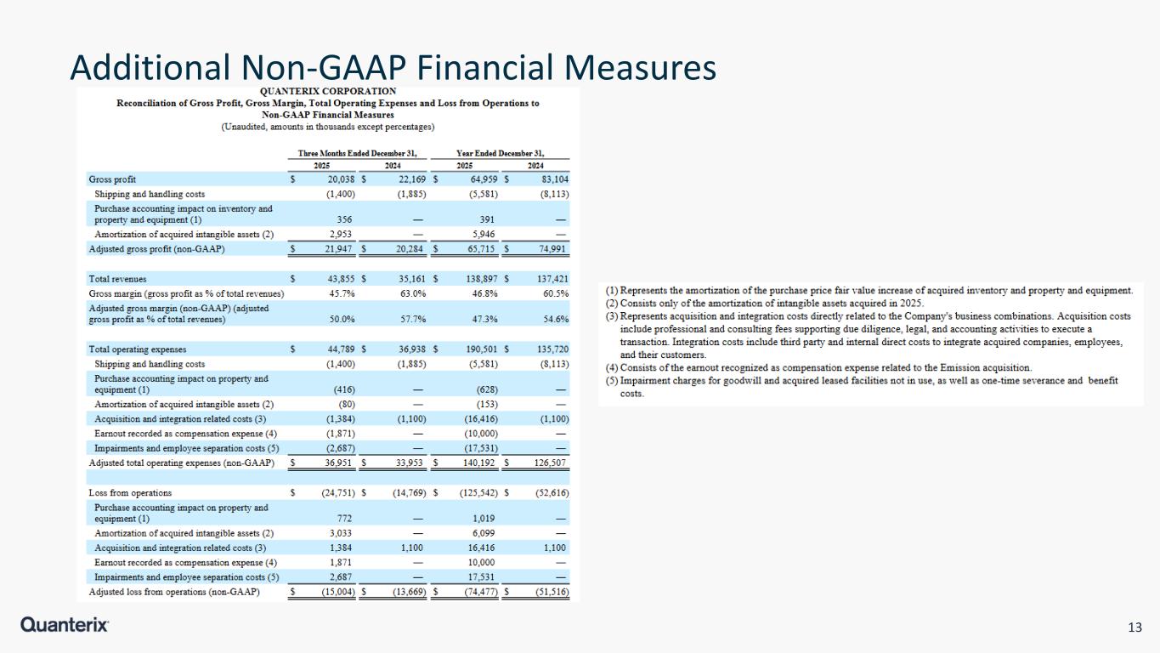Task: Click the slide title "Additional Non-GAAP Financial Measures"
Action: (393, 67)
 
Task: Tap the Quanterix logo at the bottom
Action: (65, 626)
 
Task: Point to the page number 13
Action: (1134, 627)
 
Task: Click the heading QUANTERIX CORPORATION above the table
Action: (327, 91)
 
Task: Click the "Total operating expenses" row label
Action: (137, 349)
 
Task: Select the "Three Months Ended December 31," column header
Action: (357, 153)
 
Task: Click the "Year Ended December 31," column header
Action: (501, 153)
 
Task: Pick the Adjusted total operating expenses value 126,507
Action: (550, 463)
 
